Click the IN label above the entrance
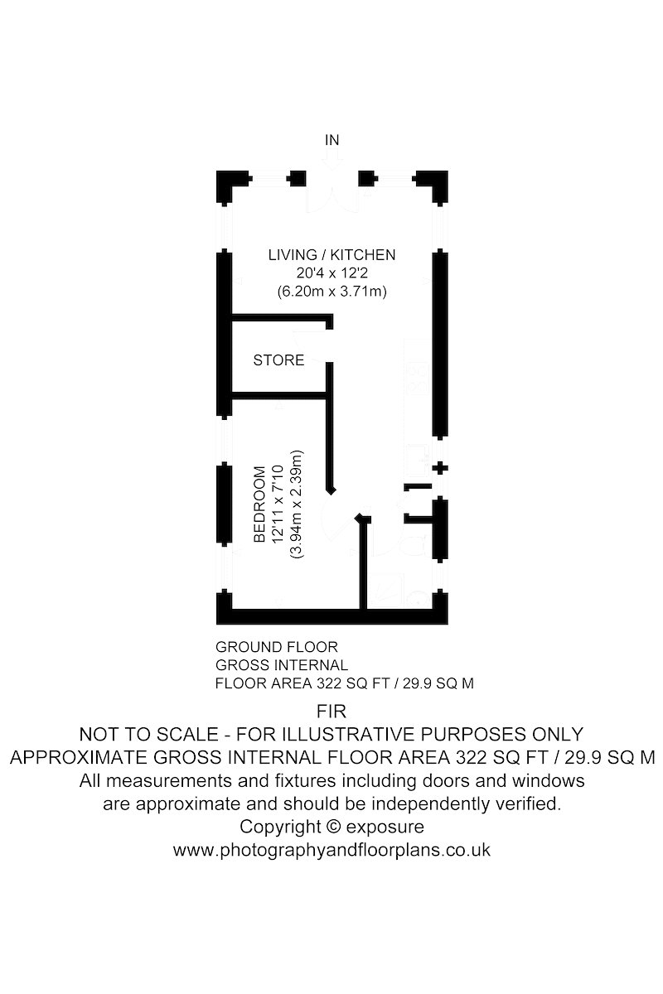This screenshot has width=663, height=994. click(x=331, y=140)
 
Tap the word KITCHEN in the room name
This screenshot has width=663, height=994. click(x=363, y=255)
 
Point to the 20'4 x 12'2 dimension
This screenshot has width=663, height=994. click(x=332, y=273)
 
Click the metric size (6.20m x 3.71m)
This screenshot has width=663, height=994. click(x=332, y=292)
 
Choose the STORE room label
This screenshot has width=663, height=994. click(x=279, y=359)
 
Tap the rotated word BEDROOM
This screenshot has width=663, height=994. click(x=259, y=504)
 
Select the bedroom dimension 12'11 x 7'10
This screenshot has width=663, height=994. click(x=278, y=504)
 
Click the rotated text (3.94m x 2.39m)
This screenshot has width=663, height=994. click(x=296, y=504)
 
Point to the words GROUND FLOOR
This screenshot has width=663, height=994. click(x=277, y=647)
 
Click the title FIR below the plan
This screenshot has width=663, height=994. click(x=331, y=712)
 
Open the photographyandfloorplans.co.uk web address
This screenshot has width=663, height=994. click(x=331, y=850)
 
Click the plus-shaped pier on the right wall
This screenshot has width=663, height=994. click(x=440, y=468)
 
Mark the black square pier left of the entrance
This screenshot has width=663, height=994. click(x=297, y=179)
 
